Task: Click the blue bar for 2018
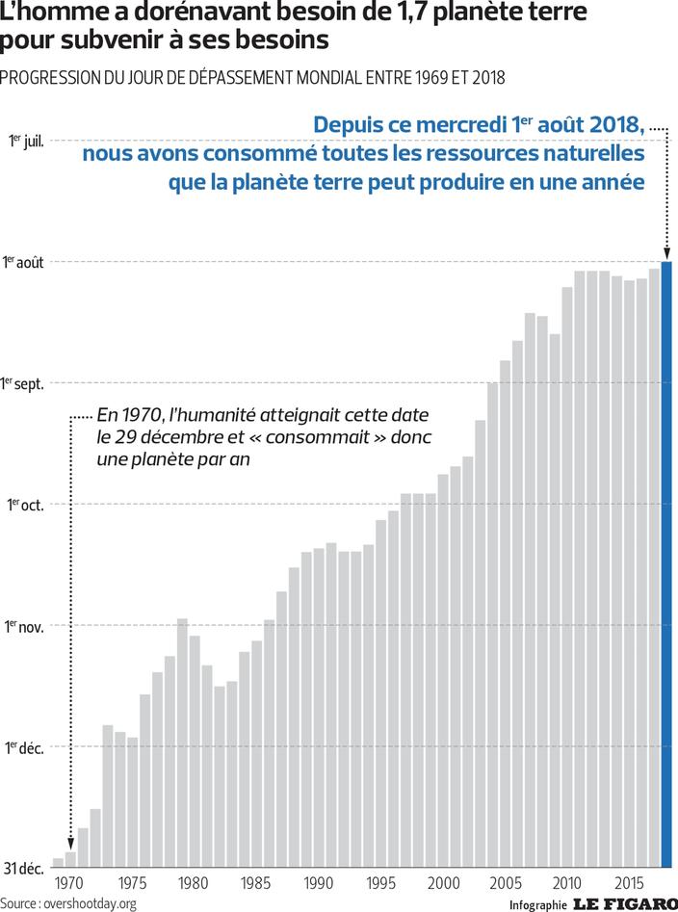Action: click(666, 563)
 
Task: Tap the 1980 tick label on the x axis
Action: click(193, 883)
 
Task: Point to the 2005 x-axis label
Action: click(506, 883)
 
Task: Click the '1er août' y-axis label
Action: click(23, 262)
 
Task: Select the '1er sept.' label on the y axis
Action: click(23, 383)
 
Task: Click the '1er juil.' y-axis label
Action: click(26, 141)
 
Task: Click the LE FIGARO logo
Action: click(625, 903)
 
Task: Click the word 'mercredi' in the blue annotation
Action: click(450, 125)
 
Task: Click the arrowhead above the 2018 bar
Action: click(666, 252)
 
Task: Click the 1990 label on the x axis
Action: click(318, 883)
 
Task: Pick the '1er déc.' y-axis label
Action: click(24, 747)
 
